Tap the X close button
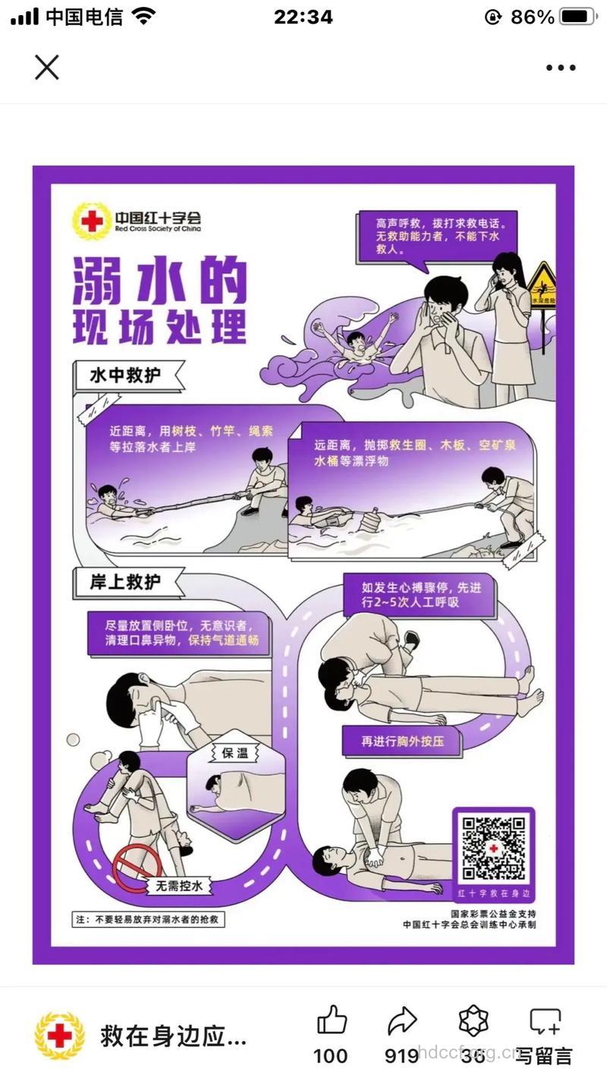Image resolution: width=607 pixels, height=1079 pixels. (46, 68)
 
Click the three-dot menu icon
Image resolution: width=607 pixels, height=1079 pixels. (561, 68)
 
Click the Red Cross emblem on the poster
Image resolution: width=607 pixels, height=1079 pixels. (91, 220)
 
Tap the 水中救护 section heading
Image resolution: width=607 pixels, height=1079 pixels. (126, 375)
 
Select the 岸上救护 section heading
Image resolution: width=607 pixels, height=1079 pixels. (126, 582)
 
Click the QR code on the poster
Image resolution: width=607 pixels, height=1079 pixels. (494, 848)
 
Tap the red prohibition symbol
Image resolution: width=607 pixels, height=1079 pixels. (137, 867)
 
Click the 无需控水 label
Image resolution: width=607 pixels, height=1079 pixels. (179, 886)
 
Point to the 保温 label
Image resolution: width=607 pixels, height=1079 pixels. (235, 753)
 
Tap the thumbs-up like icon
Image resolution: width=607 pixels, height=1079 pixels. (332, 1021)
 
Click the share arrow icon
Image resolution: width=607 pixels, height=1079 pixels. (402, 1021)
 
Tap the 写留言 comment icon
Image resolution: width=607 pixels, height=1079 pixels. (545, 1022)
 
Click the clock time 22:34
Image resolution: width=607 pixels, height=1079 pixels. (303, 17)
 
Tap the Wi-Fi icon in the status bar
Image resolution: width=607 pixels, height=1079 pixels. (142, 16)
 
